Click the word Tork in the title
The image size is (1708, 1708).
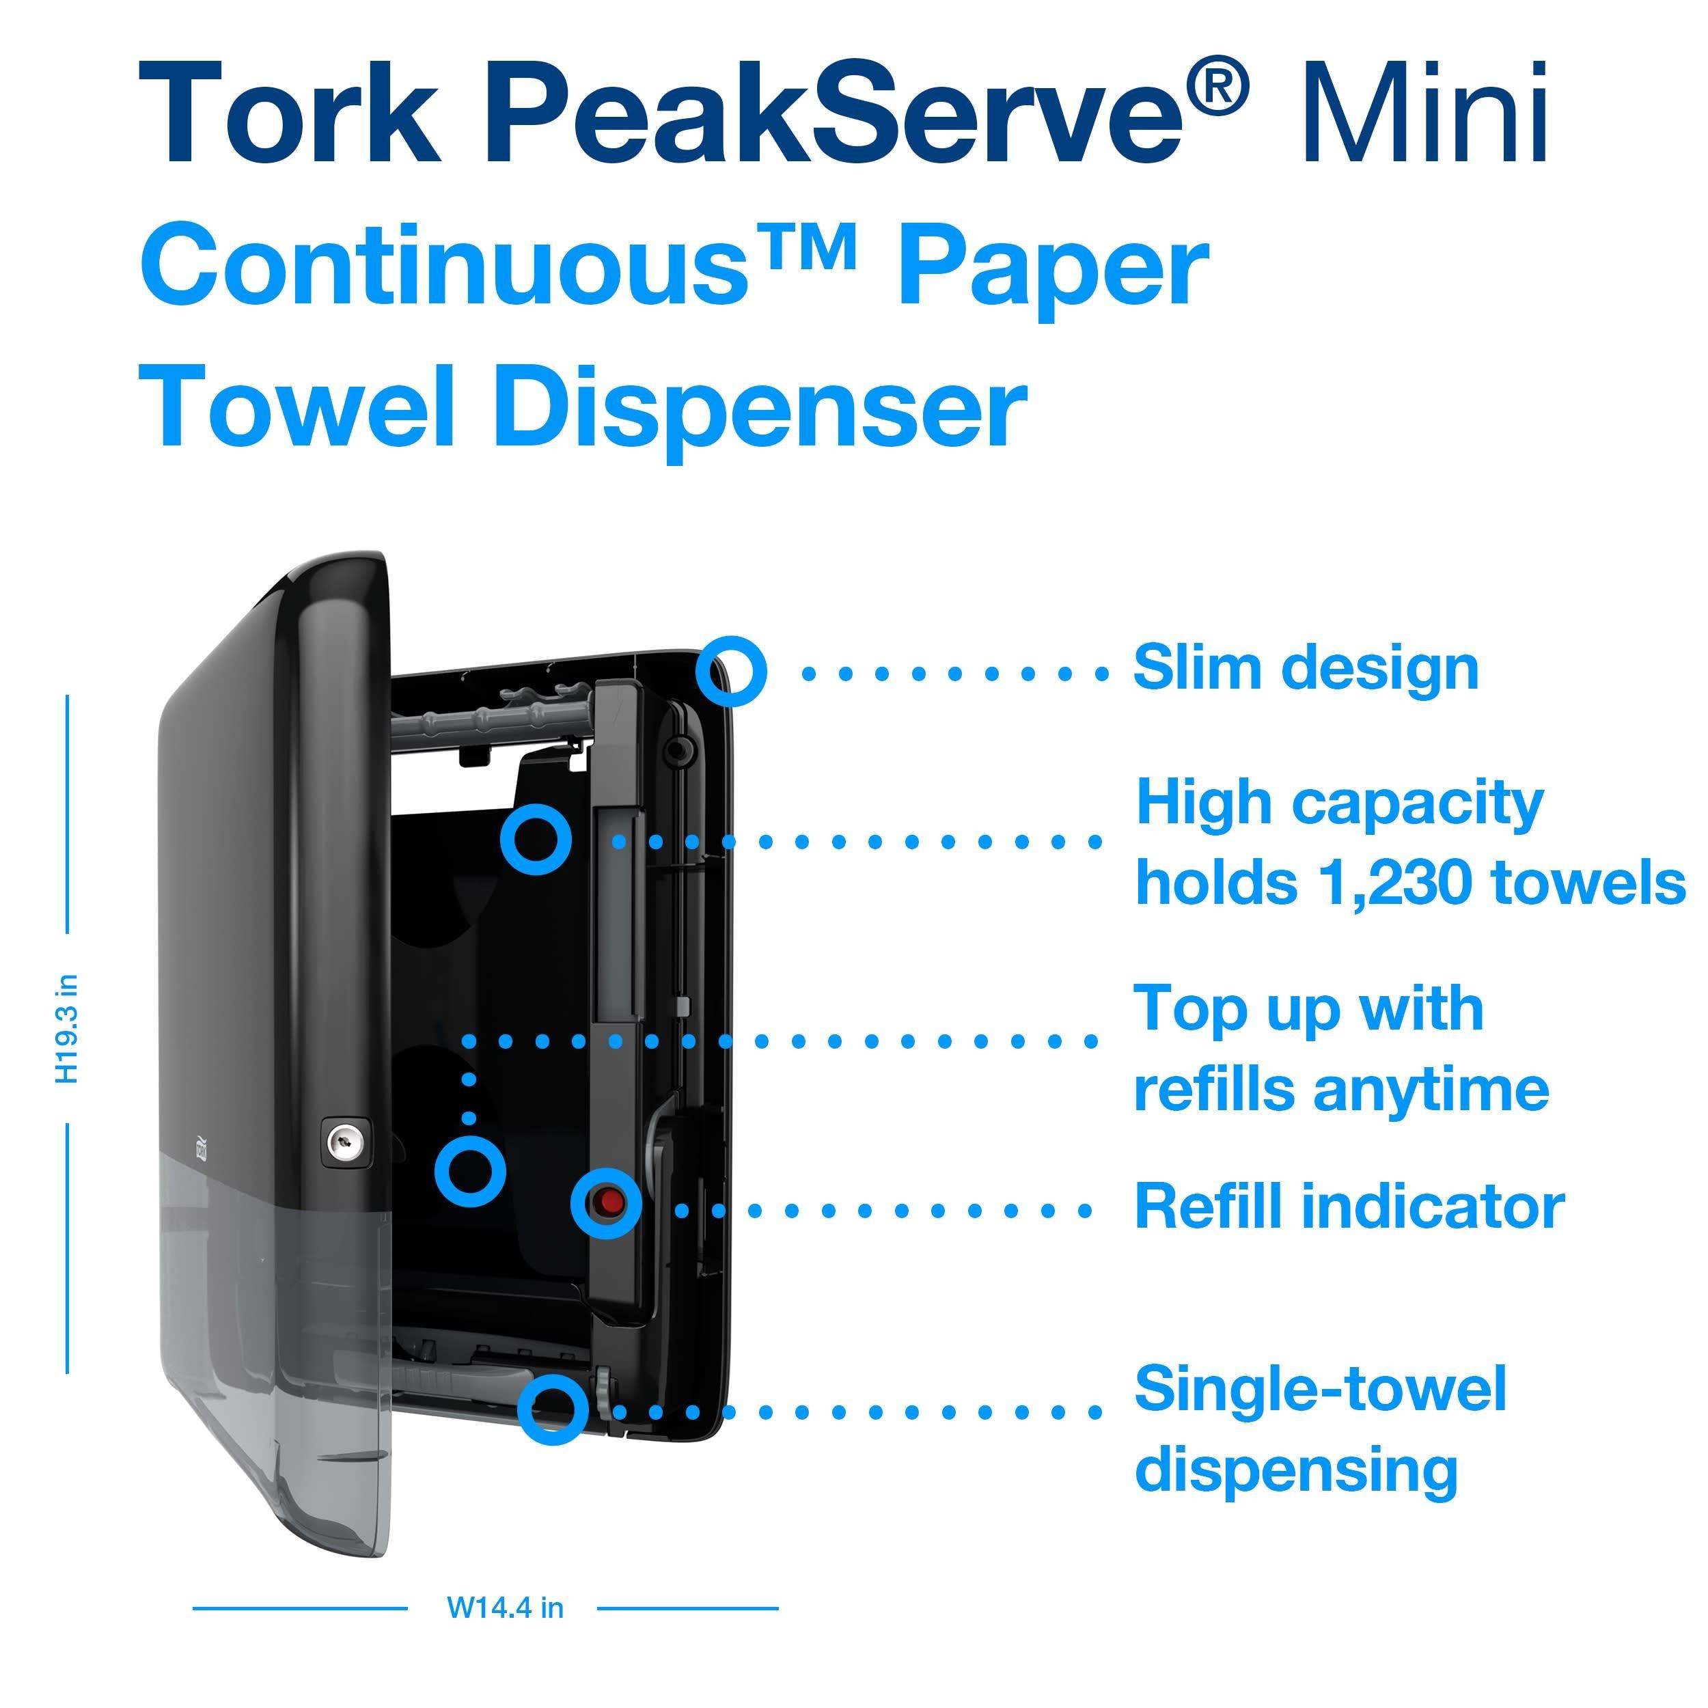[289, 113]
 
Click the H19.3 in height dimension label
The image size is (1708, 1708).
[67, 1028]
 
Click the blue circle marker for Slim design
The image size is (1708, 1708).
[730, 672]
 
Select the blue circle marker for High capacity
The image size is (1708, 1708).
[536, 839]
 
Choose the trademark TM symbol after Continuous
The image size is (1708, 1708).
[805, 249]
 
